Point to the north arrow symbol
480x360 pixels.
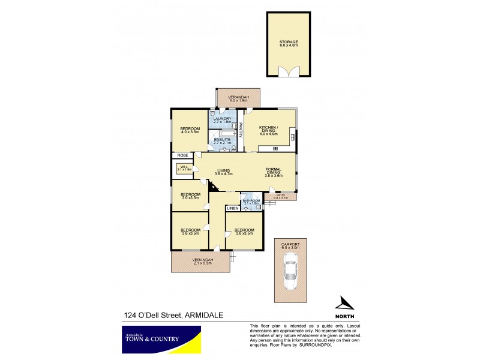click(x=344, y=304)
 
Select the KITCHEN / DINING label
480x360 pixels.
click(x=267, y=130)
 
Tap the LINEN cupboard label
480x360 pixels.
click(x=232, y=209)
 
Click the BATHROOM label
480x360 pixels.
click(x=251, y=202)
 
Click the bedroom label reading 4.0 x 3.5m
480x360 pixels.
click(x=191, y=130)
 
